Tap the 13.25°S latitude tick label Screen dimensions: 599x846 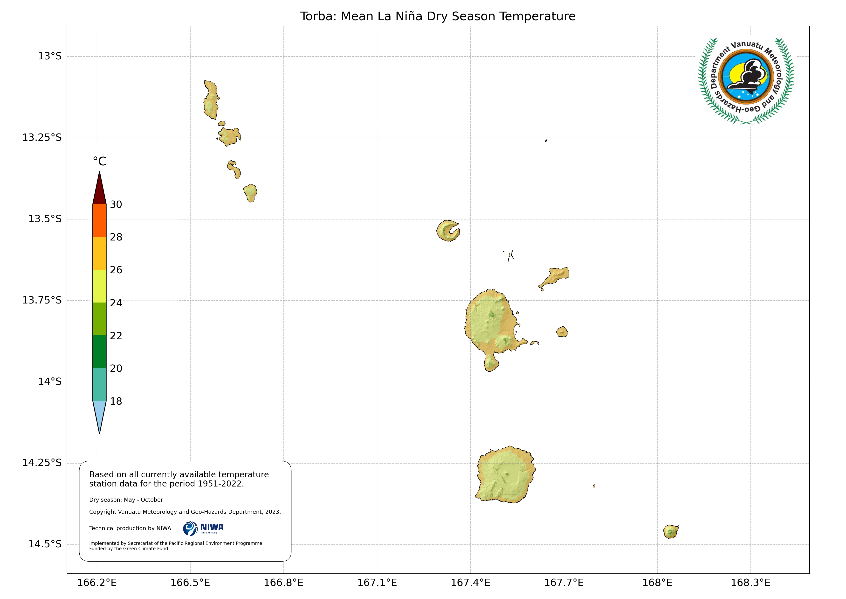click(x=42, y=138)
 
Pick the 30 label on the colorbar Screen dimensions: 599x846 click(x=116, y=205)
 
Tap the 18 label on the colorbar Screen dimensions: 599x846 click(x=116, y=401)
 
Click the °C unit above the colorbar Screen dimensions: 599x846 click(x=99, y=162)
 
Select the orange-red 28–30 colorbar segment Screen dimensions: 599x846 click(x=99, y=221)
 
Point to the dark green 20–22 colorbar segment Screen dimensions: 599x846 click(x=99, y=352)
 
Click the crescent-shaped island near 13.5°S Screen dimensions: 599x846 click(x=447, y=231)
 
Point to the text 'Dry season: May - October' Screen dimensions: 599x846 click(x=126, y=500)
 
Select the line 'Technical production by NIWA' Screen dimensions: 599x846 click(x=130, y=528)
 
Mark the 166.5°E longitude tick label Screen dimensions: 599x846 click(x=190, y=583)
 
